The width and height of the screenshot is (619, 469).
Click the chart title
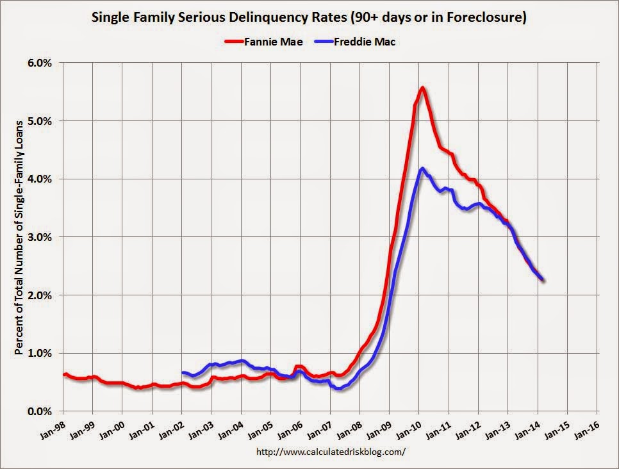point(309,18)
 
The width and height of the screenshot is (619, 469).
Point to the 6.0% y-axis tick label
point(39,63)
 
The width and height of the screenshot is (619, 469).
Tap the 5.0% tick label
point(39,121)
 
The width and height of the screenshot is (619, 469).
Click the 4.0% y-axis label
point(39,179)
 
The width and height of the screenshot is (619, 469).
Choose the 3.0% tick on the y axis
point(39,237)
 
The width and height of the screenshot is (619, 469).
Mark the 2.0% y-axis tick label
point(39,295)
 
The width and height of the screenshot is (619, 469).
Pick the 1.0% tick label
point(39,353)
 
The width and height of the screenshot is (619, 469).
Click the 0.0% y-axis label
point(39,411)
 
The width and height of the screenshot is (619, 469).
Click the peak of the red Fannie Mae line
point(422,88)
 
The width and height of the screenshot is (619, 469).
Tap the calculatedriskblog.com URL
point(331,452)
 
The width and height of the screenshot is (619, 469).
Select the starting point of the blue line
point(183,372)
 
